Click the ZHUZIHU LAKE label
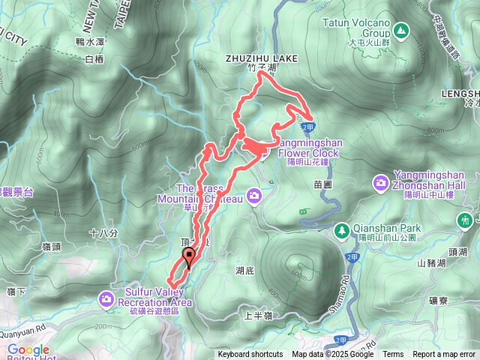click(x=262, y=58)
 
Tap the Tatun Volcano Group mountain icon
click(x=401, y=31)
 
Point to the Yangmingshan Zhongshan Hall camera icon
click(x=382, y=182)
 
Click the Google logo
click(x=28, y=350)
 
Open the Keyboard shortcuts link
click(x=250, y=355)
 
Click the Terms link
click(x=393, y=355)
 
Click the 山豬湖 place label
click(x=433, y=262)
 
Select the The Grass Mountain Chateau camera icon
click(x=255, y=196)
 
